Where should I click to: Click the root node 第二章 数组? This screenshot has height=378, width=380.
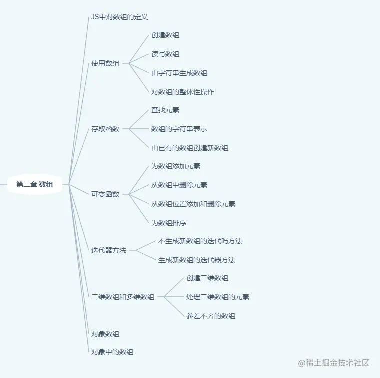tap(34, 184)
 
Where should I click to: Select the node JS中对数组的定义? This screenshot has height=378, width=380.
tap(119, 17)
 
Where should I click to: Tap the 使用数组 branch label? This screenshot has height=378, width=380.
tap(105, 63)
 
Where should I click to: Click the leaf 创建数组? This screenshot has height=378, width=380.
tap(165, 35)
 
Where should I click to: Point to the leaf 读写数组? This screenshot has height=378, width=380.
tap(165, 54)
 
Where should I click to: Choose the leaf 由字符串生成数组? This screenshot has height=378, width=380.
tap(179, 73)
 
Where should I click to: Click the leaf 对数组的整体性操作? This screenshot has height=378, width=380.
tap(183, 92)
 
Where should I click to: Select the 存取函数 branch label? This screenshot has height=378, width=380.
tap(105, 129)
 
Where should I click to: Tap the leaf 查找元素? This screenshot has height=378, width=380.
tap(165, 110)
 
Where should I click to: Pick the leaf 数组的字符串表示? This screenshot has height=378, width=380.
tap(179, 129)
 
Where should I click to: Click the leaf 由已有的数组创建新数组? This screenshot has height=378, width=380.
tap(190, 148)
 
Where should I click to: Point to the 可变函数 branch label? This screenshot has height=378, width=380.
tap(105, 194)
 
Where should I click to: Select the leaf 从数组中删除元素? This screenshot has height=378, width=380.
tap(179, 185)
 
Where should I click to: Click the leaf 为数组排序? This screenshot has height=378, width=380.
tap(169, 223)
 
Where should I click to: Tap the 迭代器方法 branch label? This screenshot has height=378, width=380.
tap(109, 250)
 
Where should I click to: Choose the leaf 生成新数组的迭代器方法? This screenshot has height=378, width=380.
tap(197, 260)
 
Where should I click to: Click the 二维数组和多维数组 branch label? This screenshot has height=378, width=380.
tap(123, 297)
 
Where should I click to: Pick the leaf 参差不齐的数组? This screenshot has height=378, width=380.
tap(211, 316)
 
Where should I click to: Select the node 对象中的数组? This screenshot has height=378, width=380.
tap(112, 352)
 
